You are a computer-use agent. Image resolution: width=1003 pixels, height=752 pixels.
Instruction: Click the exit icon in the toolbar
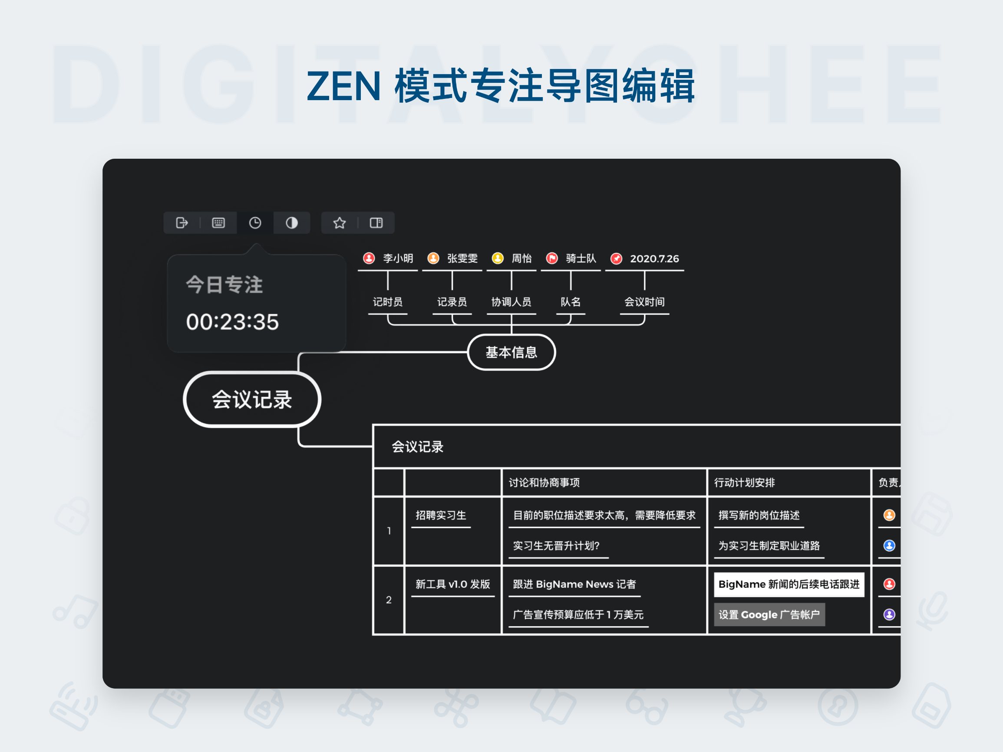(182, 223)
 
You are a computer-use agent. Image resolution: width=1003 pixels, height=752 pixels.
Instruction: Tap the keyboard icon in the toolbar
(218, 223)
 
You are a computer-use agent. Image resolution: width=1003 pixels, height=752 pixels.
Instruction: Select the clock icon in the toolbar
(255, 223)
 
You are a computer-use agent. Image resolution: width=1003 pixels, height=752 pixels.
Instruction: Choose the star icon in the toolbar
(340, 223)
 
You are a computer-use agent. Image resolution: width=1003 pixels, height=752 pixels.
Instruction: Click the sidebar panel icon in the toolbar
(376, 223)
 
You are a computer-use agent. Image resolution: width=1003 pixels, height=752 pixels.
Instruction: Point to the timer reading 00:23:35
(232, 322)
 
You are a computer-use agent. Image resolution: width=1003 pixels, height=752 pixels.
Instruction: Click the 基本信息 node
(511, 353)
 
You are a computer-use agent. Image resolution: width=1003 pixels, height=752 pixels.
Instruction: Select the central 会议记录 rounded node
(252, 399)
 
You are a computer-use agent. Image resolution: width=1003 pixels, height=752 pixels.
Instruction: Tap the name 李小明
(398, 258)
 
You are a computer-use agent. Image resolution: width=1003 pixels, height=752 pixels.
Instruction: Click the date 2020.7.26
(654, 258)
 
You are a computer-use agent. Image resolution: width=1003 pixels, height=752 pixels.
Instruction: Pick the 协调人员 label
(511, 302)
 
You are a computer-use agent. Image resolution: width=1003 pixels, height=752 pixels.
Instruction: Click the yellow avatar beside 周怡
(498, 258)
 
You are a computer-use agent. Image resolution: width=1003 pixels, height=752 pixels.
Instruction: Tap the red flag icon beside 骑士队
(552, 258)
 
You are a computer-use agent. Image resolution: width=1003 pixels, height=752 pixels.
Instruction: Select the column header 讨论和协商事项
(544, 482)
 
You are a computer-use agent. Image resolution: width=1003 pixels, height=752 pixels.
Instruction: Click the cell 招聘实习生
(441, 515)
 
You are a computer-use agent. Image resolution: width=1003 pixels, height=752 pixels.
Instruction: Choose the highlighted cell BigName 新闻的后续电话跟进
(789, 585)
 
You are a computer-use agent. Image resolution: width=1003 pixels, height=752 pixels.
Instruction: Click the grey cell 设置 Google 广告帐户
(769, 615)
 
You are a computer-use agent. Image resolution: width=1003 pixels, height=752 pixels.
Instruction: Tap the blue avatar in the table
(889, 546)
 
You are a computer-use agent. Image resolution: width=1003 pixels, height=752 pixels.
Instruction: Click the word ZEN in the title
(344, 86)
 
